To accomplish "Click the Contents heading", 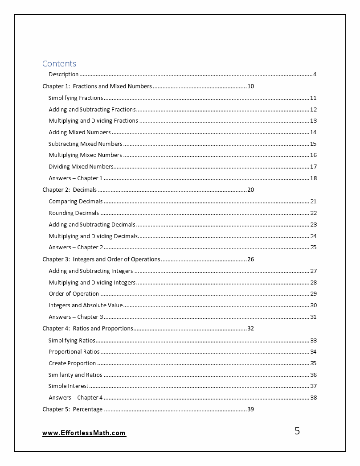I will click(59, 63).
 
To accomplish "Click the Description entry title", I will click(63, 74).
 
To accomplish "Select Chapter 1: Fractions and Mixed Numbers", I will click(97, 87).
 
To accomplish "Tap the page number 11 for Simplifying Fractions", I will click(313, 98).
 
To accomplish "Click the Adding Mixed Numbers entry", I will click(79, 132).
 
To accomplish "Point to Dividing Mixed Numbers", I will click(81, 167).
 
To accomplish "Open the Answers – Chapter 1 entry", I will click(75, 178).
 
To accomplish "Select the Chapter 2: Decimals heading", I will click(69, 190).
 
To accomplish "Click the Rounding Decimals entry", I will click(74, 213).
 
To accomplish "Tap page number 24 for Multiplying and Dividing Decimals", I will click(313, 236).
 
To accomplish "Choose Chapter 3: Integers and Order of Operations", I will click(101, 260).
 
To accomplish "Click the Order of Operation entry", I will click(74, 294).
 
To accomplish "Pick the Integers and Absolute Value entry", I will click(86, 305).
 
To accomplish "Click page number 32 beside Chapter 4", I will click(250, 329).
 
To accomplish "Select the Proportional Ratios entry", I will click(74, 352).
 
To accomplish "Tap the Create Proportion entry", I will click(72, 363).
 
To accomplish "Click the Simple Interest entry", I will click(68, 386).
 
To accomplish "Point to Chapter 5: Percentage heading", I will click(72, 409).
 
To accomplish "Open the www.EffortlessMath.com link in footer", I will click(84, 433).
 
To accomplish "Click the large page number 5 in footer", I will click(297, 431).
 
